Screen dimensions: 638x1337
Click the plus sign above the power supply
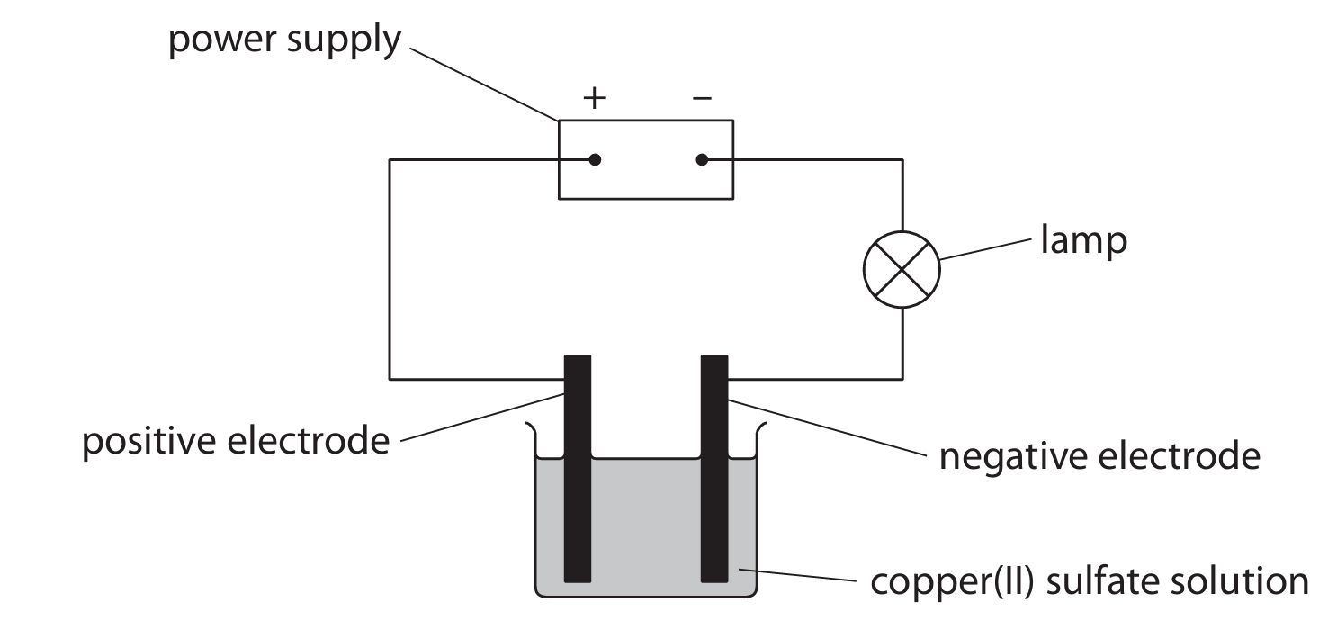[594, 97]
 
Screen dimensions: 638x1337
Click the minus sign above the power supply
[702, 97]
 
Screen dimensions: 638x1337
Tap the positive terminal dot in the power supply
[594, 160]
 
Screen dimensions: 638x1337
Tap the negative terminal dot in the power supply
[702, 160]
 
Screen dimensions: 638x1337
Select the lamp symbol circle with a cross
[902, 268]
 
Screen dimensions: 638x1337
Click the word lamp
[1083, 242]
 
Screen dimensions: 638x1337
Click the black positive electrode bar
[577, 468]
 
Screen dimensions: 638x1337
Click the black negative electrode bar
[714, 468]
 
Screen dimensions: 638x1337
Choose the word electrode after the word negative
[1179, 456]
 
